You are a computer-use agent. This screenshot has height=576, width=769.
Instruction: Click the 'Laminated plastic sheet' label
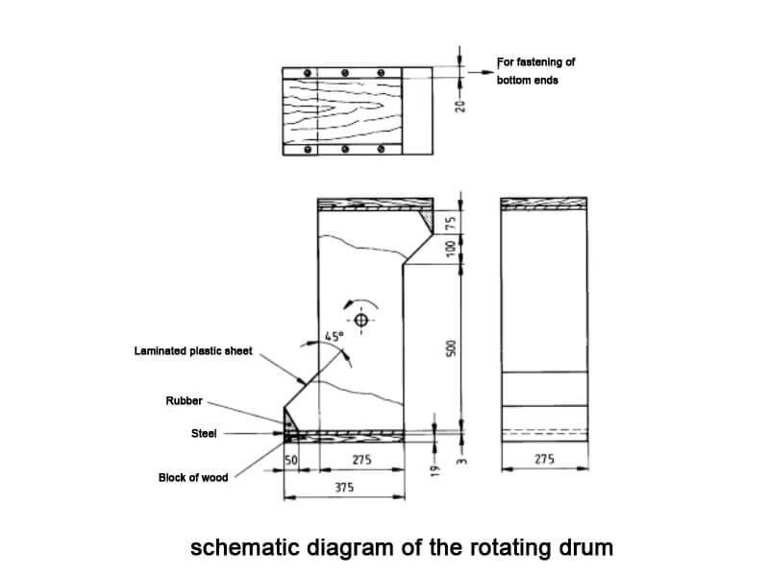pos(193,351)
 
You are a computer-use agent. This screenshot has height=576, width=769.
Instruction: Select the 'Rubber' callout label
pos(184,401)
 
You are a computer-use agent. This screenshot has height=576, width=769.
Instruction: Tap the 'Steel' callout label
pos(205,434)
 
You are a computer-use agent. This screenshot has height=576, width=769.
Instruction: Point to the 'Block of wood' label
pos(193,477)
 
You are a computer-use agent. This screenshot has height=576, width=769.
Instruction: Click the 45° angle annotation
pos(332,337)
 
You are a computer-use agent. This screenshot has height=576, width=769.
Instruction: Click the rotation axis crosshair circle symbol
pos(360,320)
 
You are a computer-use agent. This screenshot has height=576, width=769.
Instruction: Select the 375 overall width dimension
pos(344,488)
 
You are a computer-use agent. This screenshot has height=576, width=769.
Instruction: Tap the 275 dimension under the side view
pos(544,461)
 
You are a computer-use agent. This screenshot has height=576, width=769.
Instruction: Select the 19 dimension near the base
pos(435,471)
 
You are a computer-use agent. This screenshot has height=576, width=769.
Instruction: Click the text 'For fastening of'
pos(535,62)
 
